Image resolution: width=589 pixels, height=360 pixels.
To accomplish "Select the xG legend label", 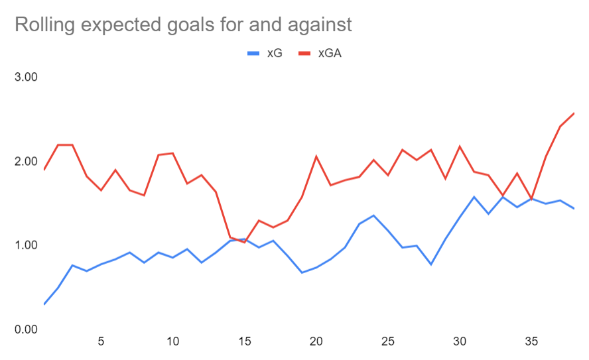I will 275,53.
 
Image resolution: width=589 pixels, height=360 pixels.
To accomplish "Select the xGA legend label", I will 330,53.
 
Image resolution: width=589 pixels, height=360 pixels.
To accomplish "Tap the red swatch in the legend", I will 306,53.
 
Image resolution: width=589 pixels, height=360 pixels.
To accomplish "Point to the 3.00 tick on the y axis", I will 27,77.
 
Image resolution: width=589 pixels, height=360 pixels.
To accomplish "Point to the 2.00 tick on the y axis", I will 27,161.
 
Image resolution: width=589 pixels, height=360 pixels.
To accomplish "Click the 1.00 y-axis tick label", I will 27,245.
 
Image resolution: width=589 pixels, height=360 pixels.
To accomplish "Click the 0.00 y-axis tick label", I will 27,330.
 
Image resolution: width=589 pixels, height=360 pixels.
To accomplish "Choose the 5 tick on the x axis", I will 101,342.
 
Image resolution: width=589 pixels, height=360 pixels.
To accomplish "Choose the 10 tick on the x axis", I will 172,342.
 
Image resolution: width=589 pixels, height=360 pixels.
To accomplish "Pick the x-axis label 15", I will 244,342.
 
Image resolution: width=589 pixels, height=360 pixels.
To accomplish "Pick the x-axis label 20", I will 316,342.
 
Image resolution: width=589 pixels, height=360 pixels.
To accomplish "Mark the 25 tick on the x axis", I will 388,342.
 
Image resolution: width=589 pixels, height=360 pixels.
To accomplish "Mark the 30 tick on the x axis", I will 460,342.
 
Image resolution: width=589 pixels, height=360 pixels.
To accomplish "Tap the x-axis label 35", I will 531,342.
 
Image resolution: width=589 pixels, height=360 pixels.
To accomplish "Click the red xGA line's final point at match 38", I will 574,113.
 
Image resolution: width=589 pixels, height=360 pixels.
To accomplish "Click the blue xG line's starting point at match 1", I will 44,304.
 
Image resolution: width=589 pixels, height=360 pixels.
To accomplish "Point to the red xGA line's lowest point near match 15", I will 244,243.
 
